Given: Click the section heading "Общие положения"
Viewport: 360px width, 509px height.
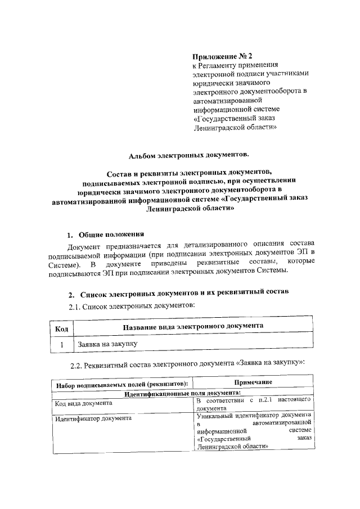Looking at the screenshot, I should pyautogui.click(x=111, y=235).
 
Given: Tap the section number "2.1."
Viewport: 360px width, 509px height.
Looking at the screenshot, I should pyautogui.click(x=75, y=305).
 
